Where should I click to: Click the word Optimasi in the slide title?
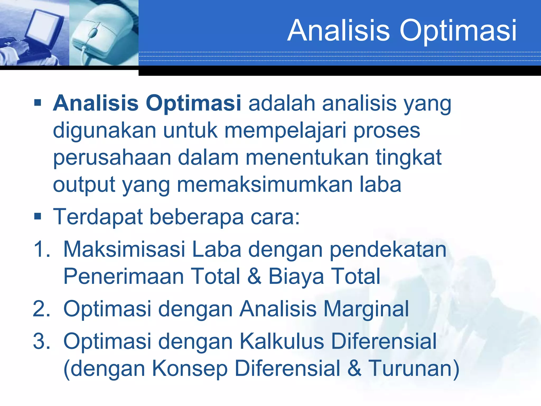pos(458,31)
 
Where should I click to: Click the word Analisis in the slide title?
pos(339,31)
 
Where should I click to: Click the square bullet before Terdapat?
pos(38,217)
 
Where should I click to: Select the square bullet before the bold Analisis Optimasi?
pos(38,103)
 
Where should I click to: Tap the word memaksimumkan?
pos(265,185)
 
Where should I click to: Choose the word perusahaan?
pos(112,158)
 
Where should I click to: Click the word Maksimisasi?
pos(124,249)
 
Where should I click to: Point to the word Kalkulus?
pos(282,341)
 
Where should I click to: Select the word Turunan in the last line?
pos(413,368)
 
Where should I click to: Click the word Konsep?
pos(190,369)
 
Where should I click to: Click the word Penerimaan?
pos(124,276)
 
